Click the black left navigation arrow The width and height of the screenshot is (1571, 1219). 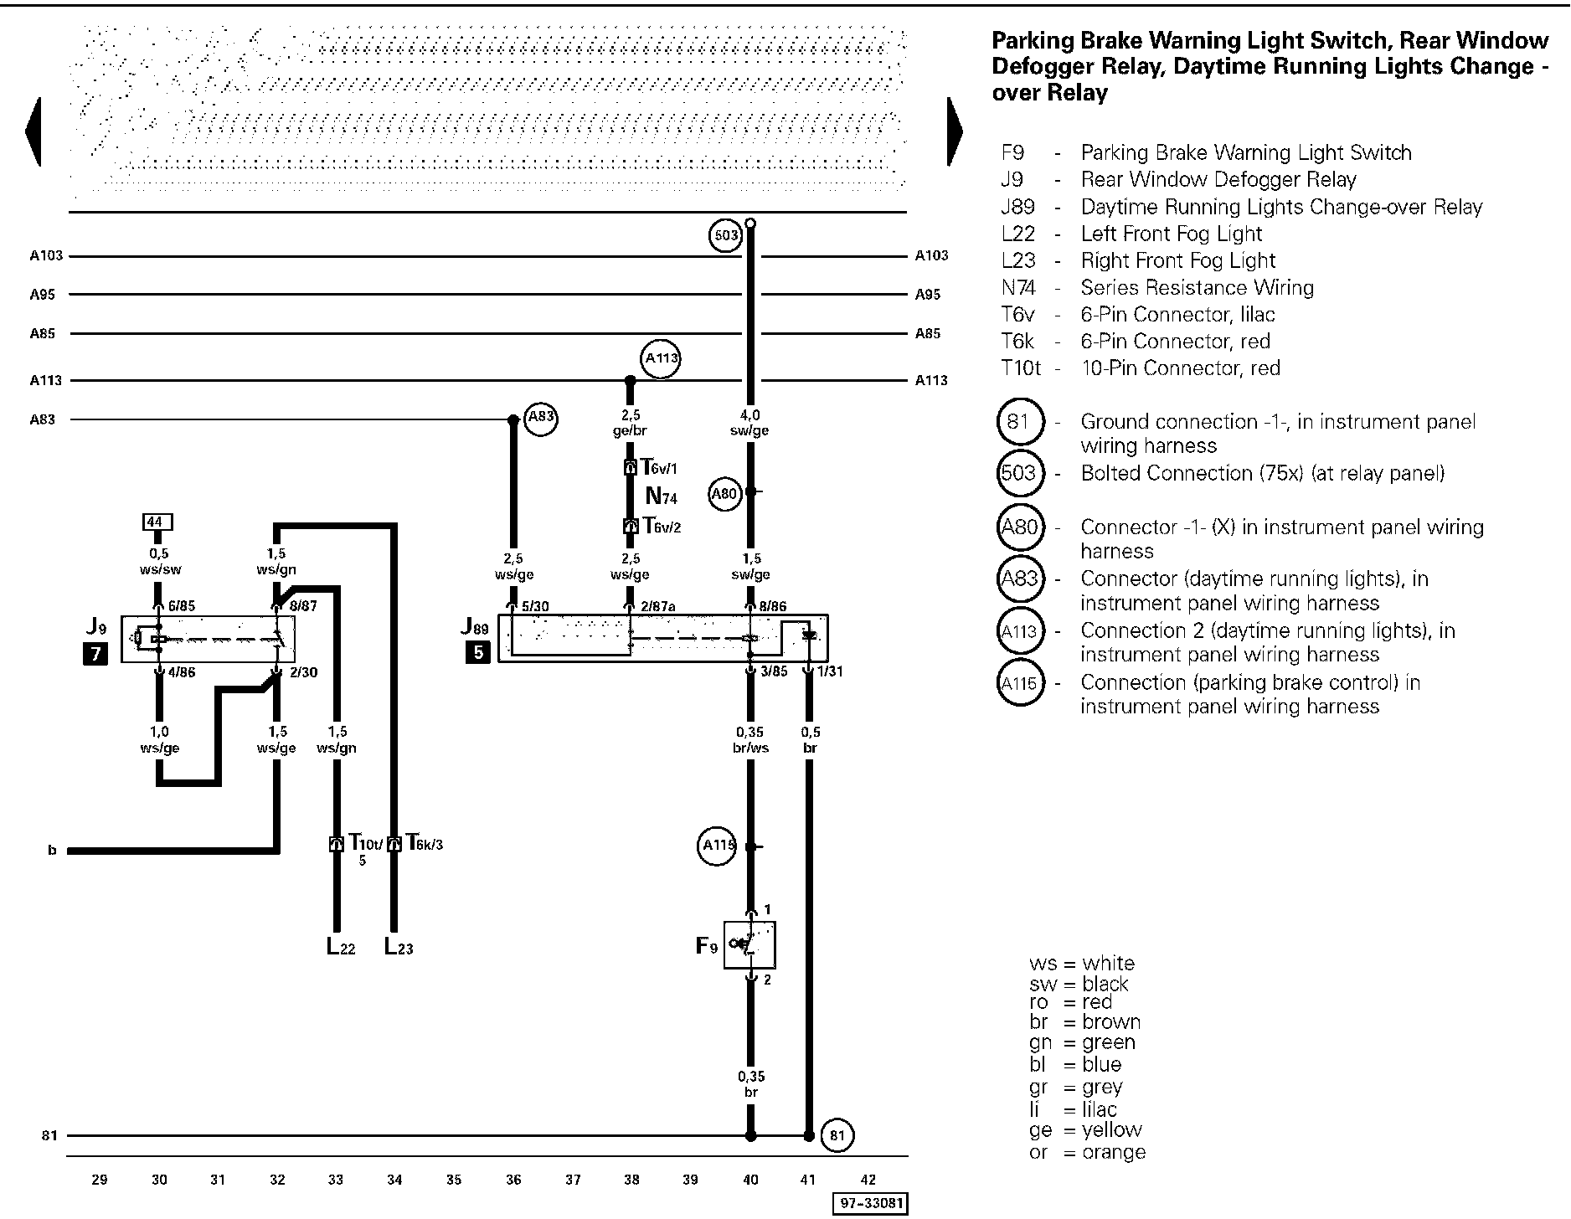pyautogui.click(x=33, y=132)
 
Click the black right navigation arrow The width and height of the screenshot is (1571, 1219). pyautogui.click(x=955, y=132)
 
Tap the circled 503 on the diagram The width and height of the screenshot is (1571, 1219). pyautogui.click(x=725, y=235)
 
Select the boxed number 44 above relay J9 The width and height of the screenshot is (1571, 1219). pyautogui.click(x=155, y=522)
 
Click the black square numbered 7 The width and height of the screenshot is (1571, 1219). pyautogui.click(x=95, y=653)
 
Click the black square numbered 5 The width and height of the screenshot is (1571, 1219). pyautogui.click(x=477, y=651)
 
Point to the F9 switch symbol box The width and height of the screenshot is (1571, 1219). pyautogui.click(x=749, y=944)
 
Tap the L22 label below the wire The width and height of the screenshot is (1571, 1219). pyautogui.click(x=341, y=947)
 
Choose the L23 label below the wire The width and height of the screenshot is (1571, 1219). pyautogui.click(x=399, y=947)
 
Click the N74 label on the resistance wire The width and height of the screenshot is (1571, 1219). pyautogui.click(x=661, y=496)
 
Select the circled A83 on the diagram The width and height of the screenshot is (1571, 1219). pyautogui.click(x=540, y=419)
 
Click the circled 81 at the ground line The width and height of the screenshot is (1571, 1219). pyautogui.click(x=837, y=1135)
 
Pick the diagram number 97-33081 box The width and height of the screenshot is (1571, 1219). pyautogui.click(x=869, y=1204)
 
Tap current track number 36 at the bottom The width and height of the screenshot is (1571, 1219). pyautogui.click(x=513, y=1180)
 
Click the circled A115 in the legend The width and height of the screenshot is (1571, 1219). pyautogui.click(x=1020, y=684)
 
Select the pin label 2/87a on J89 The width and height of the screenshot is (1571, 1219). pyautogui.click(x=658, y=606)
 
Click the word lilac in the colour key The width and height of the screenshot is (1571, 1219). pyautogui.click(x=1099, y=1109)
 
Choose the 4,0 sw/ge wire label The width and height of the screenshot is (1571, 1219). pyautogui.click(x=750, y=423)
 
